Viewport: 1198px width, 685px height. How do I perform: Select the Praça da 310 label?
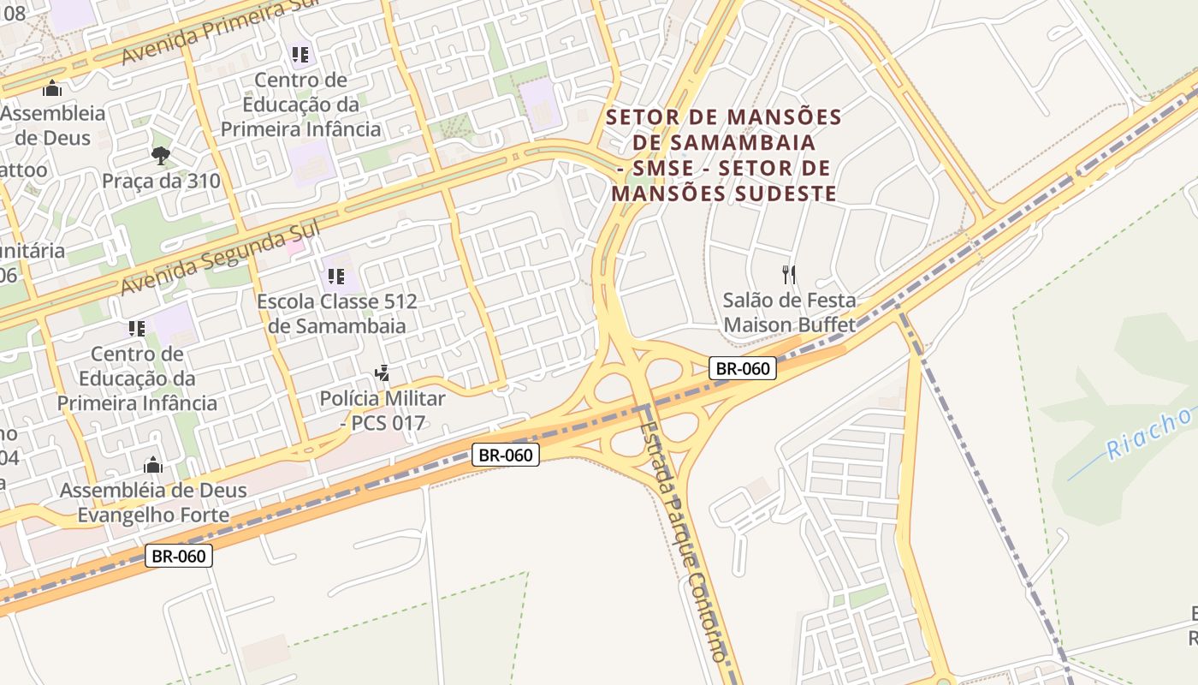[x=161, y=182]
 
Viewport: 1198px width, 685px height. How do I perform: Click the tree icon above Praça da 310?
[x=160, y=155]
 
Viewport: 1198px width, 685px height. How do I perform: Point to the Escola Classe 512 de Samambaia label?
[x=337, y=313]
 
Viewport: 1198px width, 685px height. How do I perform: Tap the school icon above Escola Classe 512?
[x=336, y=277]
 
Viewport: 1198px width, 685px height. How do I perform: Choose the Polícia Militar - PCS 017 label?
[x=383, y=410]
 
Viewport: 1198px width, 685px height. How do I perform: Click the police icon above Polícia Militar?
[x=383, y=373]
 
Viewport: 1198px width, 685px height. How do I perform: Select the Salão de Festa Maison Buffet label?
[x=789, y=313]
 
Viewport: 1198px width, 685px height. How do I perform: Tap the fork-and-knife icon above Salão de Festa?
[x=789, y=275]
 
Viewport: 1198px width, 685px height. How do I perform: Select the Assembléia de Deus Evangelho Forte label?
[x=153, y=503]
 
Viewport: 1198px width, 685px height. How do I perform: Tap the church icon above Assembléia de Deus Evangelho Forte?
[x=153, y=465]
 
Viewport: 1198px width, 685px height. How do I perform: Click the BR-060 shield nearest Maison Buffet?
[x=743, y=369]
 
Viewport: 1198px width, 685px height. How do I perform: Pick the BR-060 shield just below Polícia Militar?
[x=506, y=455]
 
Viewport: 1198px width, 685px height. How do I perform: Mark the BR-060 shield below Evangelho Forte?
[x=178, y=556]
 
